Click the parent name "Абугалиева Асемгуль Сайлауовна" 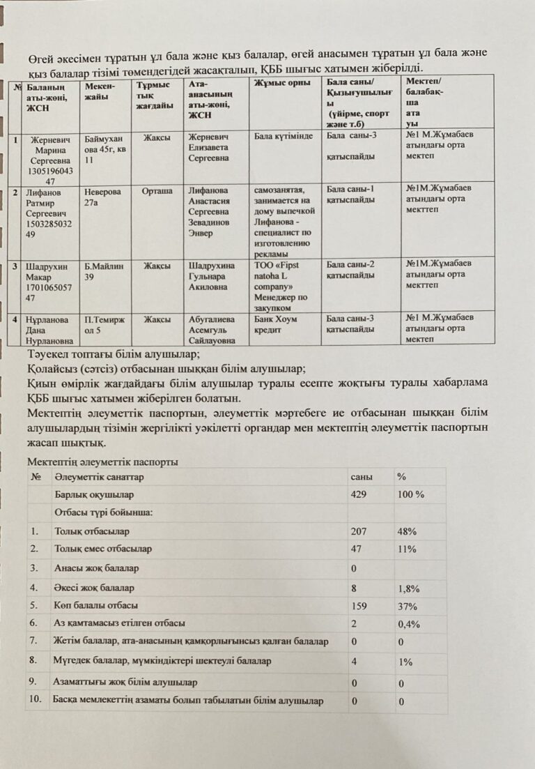tap(213, 330)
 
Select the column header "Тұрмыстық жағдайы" tap(154, 96)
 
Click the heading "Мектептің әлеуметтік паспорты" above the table tap(102, 462)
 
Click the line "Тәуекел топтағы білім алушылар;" tap(114, 356)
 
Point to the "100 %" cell tap(410, 494)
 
